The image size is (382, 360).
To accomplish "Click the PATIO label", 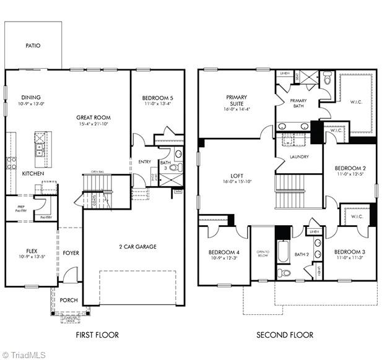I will point(33,46).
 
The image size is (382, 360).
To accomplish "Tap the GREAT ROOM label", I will point(93,117).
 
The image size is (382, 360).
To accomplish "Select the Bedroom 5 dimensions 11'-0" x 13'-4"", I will point(157,105).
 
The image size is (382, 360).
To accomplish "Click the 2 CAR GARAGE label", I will point(137,247).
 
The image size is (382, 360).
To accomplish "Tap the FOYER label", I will point(71,253).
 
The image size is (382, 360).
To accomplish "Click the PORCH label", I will point(69,300).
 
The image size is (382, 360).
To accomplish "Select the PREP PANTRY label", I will point(21,208).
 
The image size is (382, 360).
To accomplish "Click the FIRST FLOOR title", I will point(97,335).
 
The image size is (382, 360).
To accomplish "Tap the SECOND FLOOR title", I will point(285,335).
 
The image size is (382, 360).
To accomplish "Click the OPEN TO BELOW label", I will point(262,254).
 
